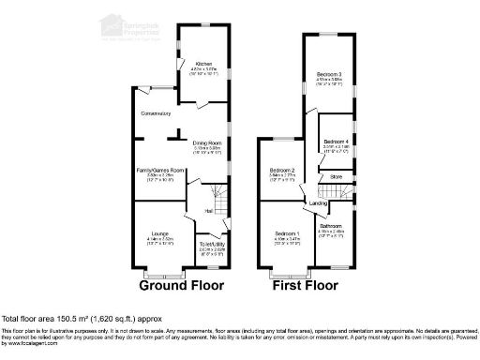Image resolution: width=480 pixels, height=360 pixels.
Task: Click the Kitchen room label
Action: [203, 64]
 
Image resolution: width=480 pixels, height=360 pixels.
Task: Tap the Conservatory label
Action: [157, 113]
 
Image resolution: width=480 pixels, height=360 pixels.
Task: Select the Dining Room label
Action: [206, 143]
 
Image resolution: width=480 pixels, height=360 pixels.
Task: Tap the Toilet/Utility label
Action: [212, 246]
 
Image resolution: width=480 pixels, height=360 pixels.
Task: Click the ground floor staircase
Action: [219, 199]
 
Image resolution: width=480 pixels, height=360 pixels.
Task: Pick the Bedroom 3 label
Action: [328, 74]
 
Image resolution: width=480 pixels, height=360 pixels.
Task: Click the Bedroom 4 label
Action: [336, 142]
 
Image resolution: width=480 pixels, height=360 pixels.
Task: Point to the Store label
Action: [335, 174]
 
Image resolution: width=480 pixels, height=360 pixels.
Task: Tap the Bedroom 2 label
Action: [282, 169]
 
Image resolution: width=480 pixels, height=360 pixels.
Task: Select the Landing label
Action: [319, 202]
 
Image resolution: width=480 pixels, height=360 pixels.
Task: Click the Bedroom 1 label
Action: [286, 232]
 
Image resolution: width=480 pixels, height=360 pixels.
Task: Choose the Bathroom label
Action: [330, 226]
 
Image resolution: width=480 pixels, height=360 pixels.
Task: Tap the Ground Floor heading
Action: [176, 285]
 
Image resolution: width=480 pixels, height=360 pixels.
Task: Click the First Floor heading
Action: [306, 285]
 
